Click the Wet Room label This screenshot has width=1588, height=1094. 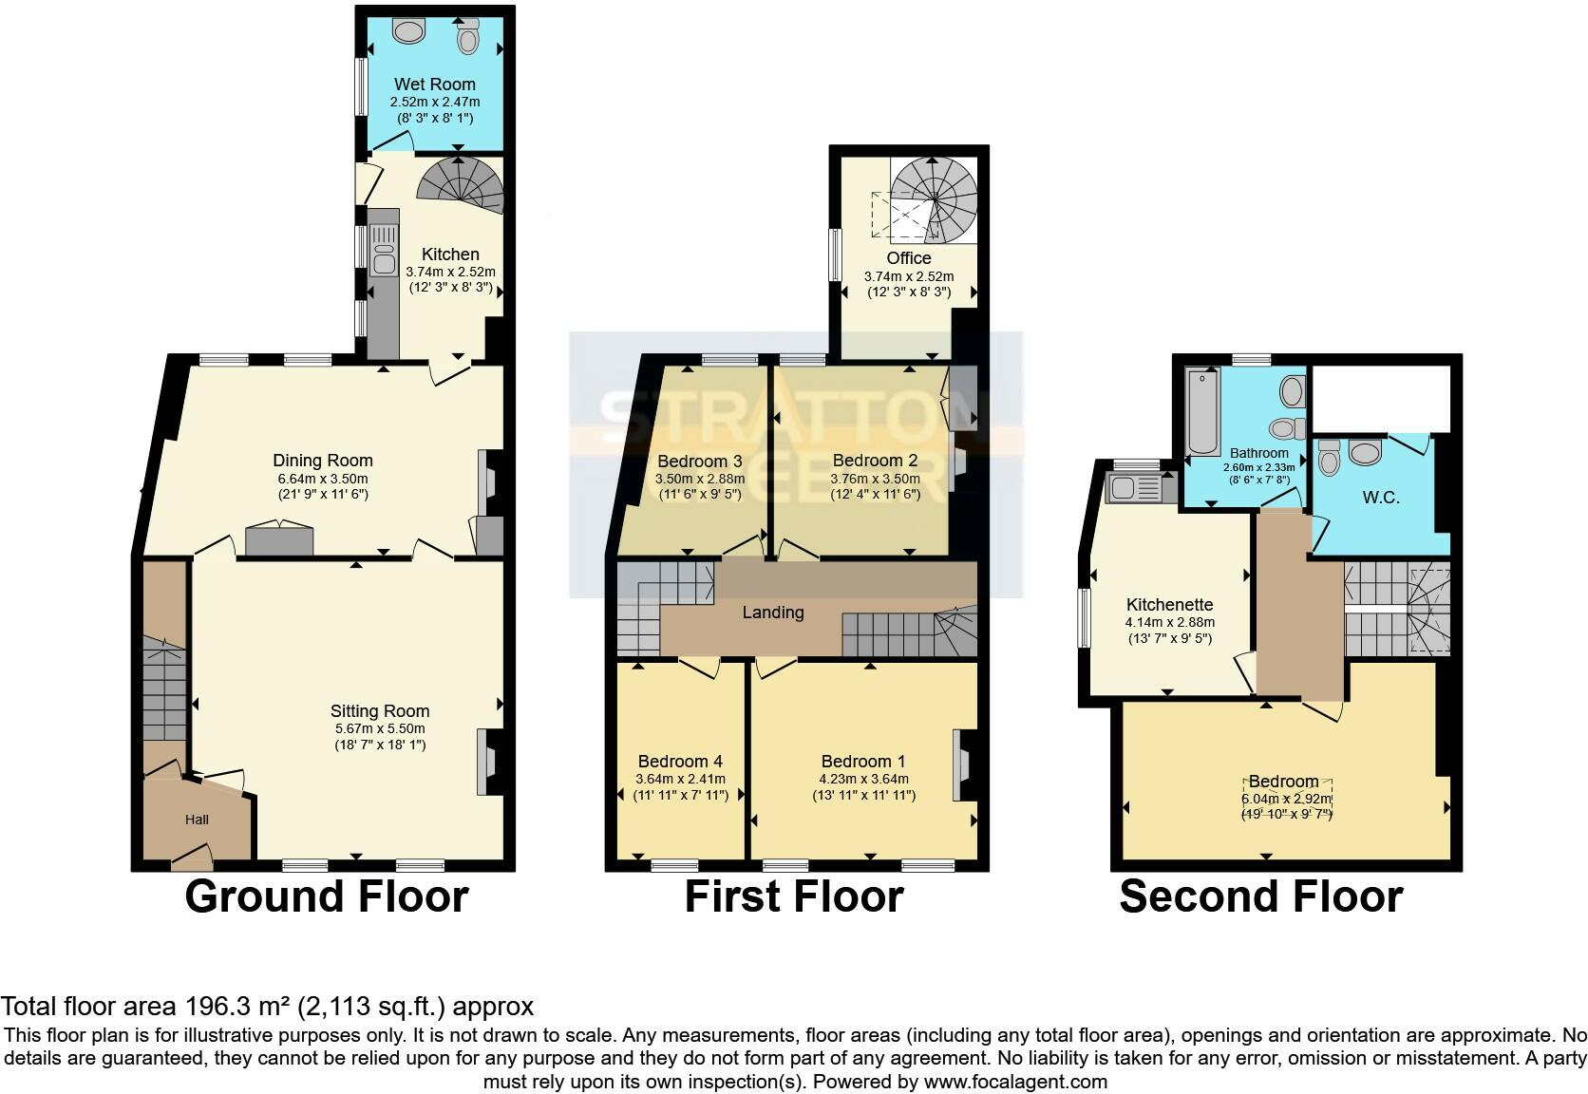pyautogui.click(x=434, y=85)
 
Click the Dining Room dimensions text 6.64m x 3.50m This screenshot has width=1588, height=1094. pyautogui.click(x=322, y=479)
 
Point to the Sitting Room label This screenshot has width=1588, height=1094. pyautogui.click(x=380, y=711)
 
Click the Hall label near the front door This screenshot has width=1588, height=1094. pyautogui.click(x=197, y=820)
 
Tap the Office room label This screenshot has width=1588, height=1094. pyautogui.click(x=908, y=258)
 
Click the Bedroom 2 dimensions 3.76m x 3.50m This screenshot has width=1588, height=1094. pyautogui.click(x=875, y=479)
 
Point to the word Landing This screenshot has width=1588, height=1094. pyautogui.click(x=772, y=613)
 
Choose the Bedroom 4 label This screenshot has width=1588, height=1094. pyautogui.click(x=680, y=762)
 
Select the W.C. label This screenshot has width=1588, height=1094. pyautogui.click(x=1380, y=498)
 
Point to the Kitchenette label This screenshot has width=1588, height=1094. pyautogui.click(x=1169, y=605)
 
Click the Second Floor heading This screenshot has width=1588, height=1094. pyautogui.click(x=1260, y=896)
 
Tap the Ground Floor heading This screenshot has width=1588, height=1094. pyautogui.click(x=326, y=896)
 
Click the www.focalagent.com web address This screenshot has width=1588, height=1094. pyautogui.click(x=1015, y=1082)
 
